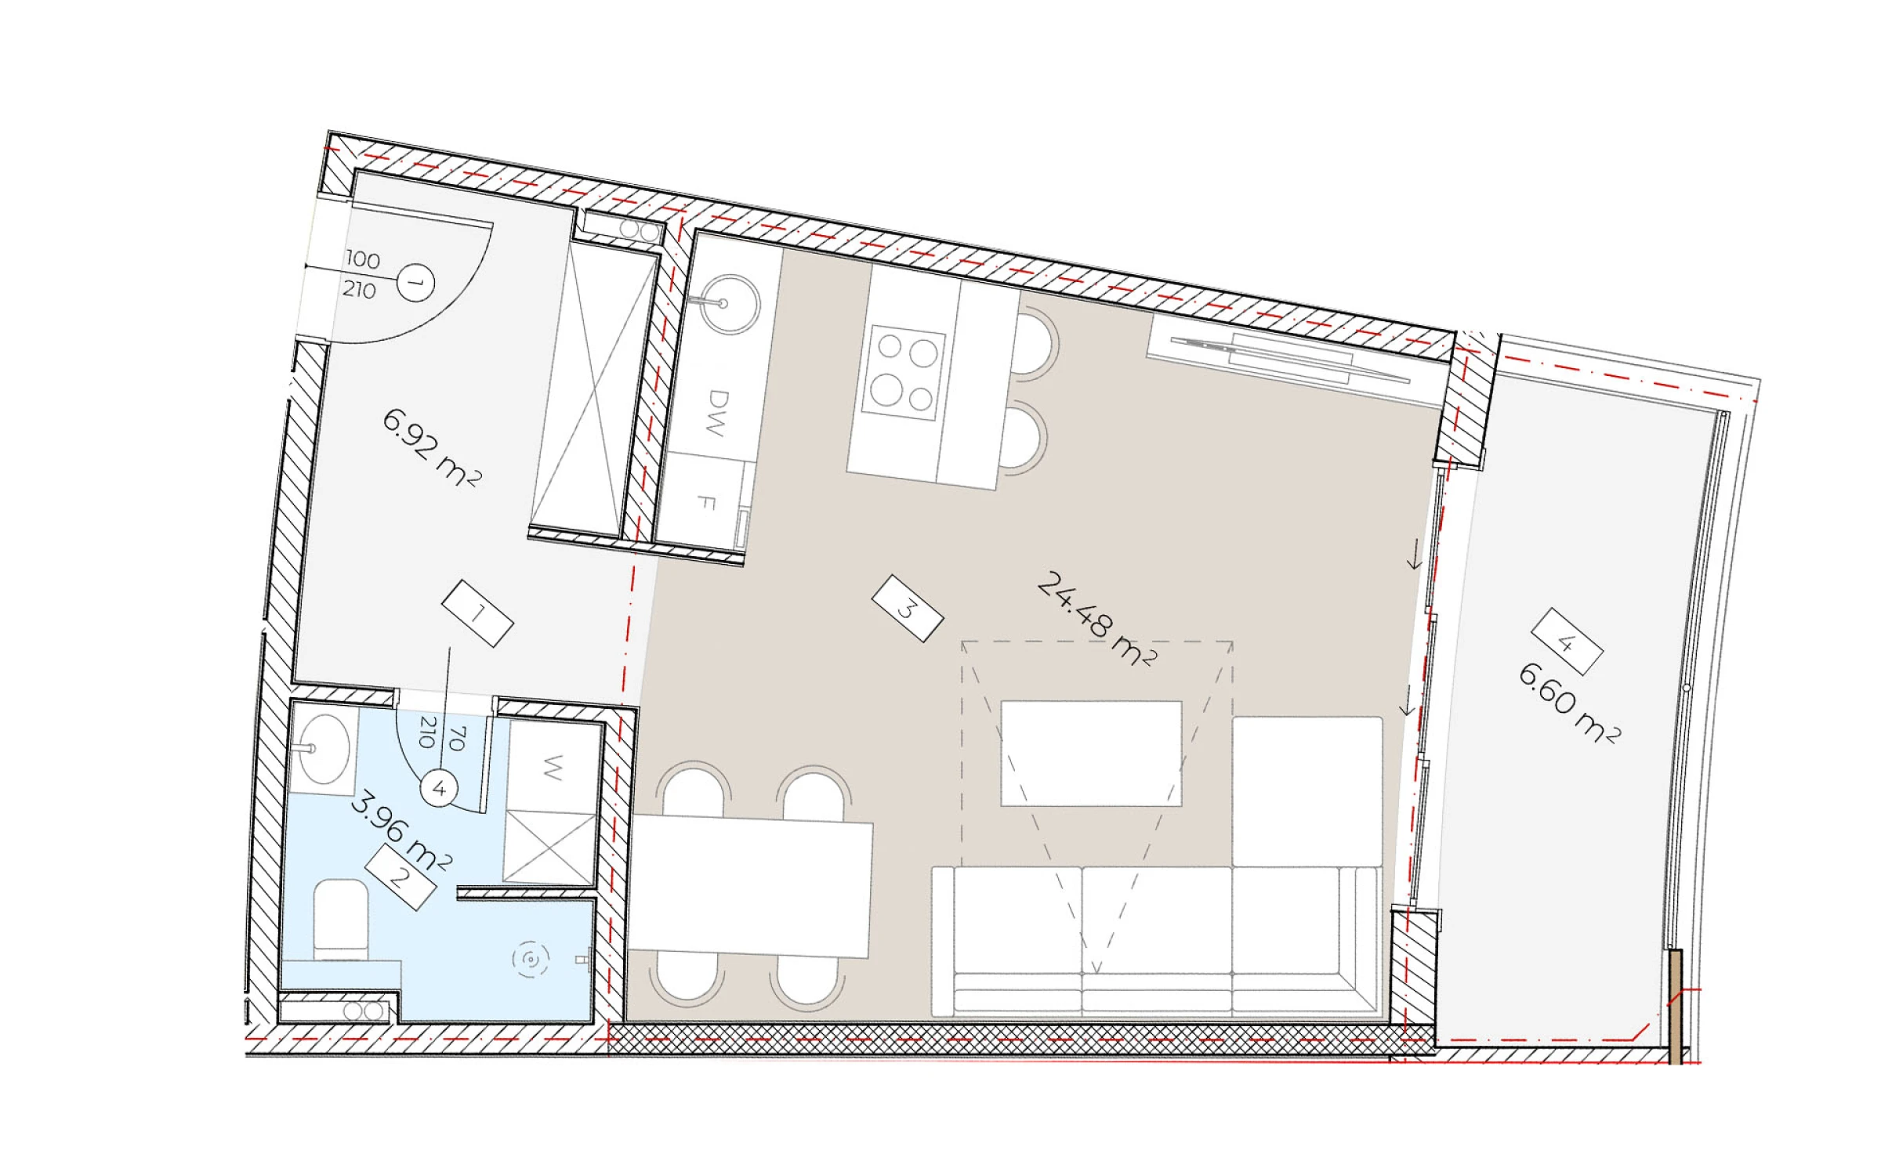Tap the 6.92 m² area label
click(x=431, y=447)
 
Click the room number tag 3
click(x=907, y=608)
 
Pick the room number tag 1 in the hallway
click(x=477, y=613)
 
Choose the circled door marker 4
click(x=439, y=789)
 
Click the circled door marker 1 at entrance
click(x=415, y=283)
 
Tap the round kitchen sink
click(x=730, y=304)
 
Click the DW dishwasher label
click(x=714, y=413)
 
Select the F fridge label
click(x=706, y=502)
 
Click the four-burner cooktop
click(x=904, y=373)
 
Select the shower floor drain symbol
click(x=531, y=959)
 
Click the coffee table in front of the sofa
click(x=1091, y=754)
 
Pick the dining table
click(x=750, y=886)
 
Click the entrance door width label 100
click(x=363, y=259)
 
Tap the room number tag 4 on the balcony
click(x=1567, y=642)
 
